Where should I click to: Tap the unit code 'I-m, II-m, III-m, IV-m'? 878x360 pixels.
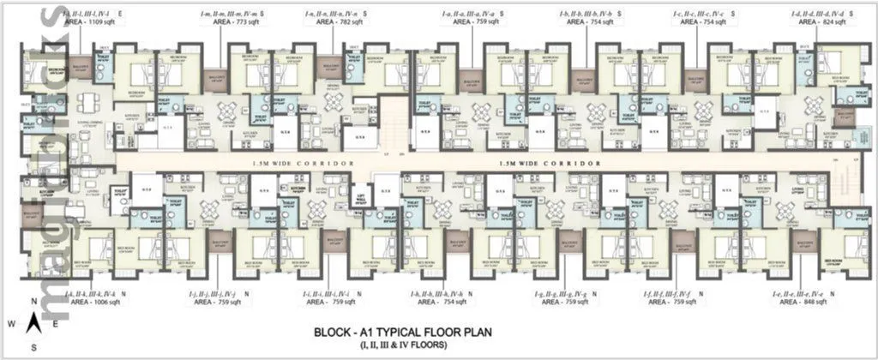(227, 15)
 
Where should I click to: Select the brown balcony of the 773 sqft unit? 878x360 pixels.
(215, 82)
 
